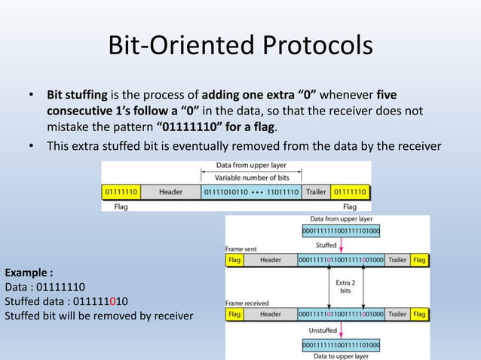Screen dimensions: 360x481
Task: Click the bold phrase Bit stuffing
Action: pyautogui.click(x=78, y=95)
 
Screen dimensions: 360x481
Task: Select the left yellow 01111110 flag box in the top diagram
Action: pyautogui.click(x=120, y=192)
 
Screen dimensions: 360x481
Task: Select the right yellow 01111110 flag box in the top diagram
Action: pyautogui.click(x=350, y=192)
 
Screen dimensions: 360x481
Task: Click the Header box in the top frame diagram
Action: pyautogui.click(x=170, y=192)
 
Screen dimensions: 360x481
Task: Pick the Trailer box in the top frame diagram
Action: pyautogui.click(x=315, y=192)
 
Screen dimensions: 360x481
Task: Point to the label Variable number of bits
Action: pyautogui.click(x=251, y=178)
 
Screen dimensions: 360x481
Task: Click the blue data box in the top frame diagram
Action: pyautogui.click(x=251, y=192)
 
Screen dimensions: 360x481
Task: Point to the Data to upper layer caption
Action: pyautogui.click(x=341, y=355)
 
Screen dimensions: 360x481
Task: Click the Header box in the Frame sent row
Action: pyautogui.click(x=270, y=260)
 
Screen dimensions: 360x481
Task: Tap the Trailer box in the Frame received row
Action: pyautogui.click(x=397, y=313)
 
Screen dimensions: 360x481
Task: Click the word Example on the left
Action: pyautogui.click(x=25, y=272)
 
